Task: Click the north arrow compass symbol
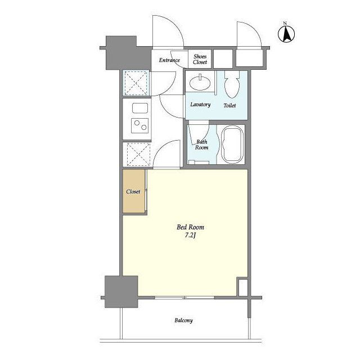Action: tap(286, 34)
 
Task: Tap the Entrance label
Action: tap(169, 60)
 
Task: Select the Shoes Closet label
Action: tap(200, 59)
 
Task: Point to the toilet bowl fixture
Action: tap(232, 84)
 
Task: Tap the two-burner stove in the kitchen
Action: tap(140, 125)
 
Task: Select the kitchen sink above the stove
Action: tap(140, 108)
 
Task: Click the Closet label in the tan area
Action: tap(133, 191)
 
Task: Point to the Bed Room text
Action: tap(190, 227)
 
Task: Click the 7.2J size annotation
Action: tap(190, 236)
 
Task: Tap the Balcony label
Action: tap(183, 321)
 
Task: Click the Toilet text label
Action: tap(229, 105)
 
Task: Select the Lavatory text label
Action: tap(200, 105)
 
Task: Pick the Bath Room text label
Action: tap(201, 145)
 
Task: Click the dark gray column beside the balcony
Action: tap(121, 291)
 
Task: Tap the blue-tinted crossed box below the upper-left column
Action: tap(136, 83)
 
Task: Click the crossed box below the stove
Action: tap(138, 154)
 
